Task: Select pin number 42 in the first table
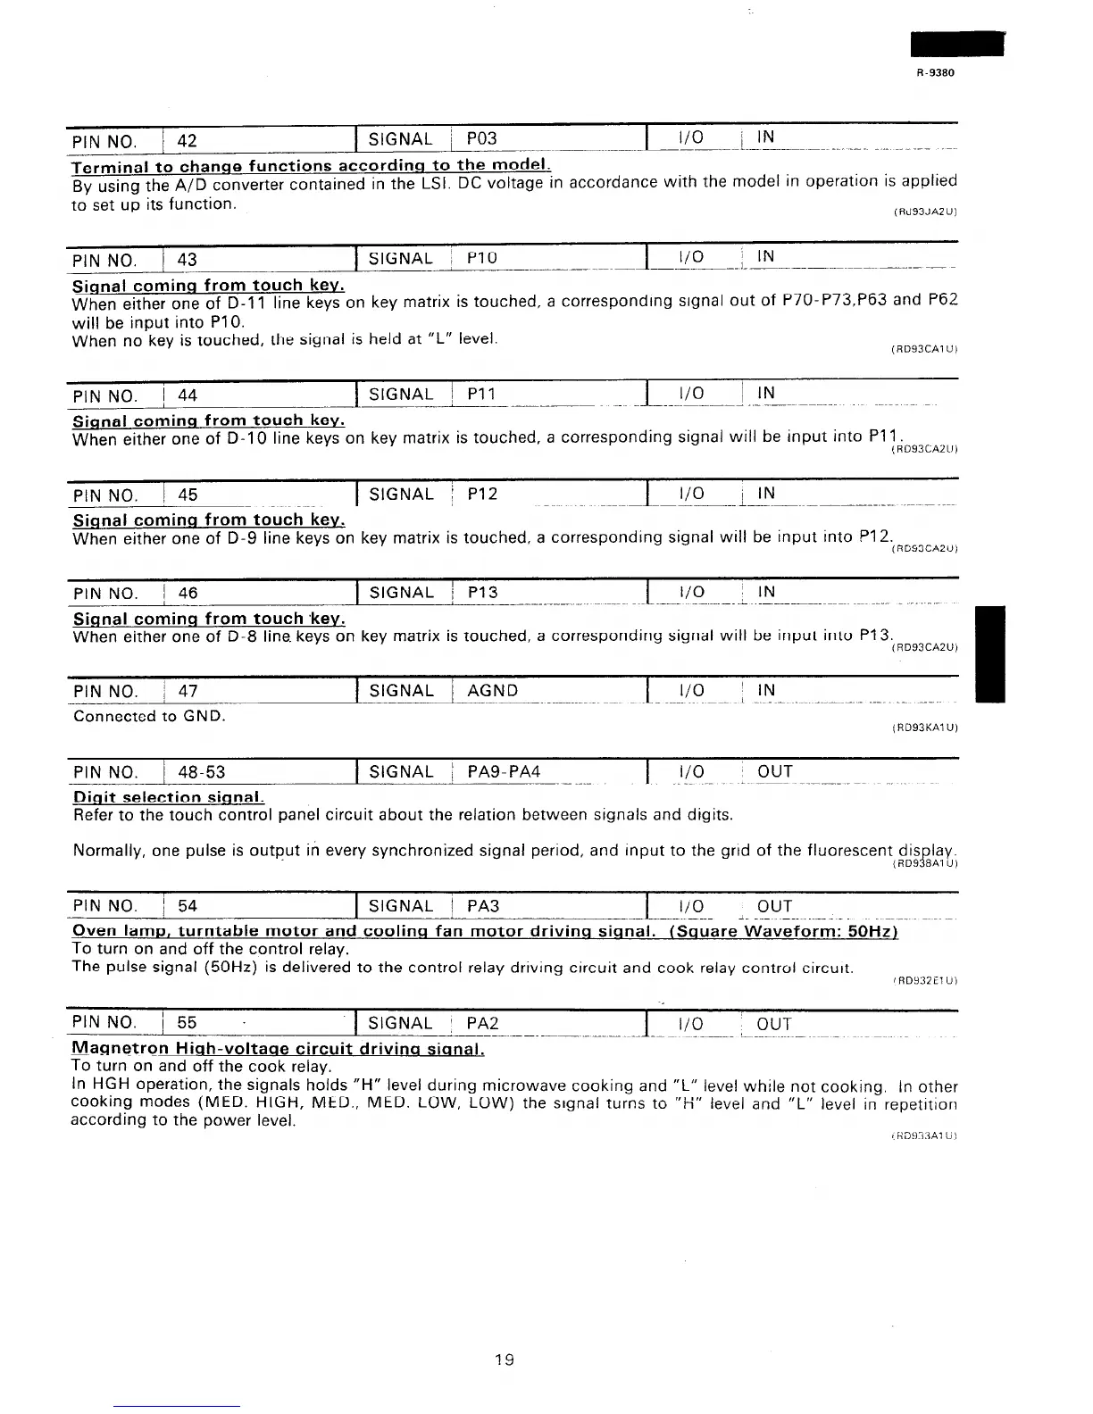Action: coord(188,139)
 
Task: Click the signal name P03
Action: coord(482,138)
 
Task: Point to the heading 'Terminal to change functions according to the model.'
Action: coord(311,166)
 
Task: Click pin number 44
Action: coord(188,395)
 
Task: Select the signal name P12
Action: coord(482,494)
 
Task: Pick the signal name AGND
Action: coord(493,690)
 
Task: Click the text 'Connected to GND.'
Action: coord(149,716)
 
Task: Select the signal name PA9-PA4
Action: coord(505,771)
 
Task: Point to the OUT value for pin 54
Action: coord(774,906)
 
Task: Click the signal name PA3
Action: coord(483,906)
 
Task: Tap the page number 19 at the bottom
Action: coord(505,1360)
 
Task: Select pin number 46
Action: coord(188,593)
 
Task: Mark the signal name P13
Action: coord(482,592)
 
